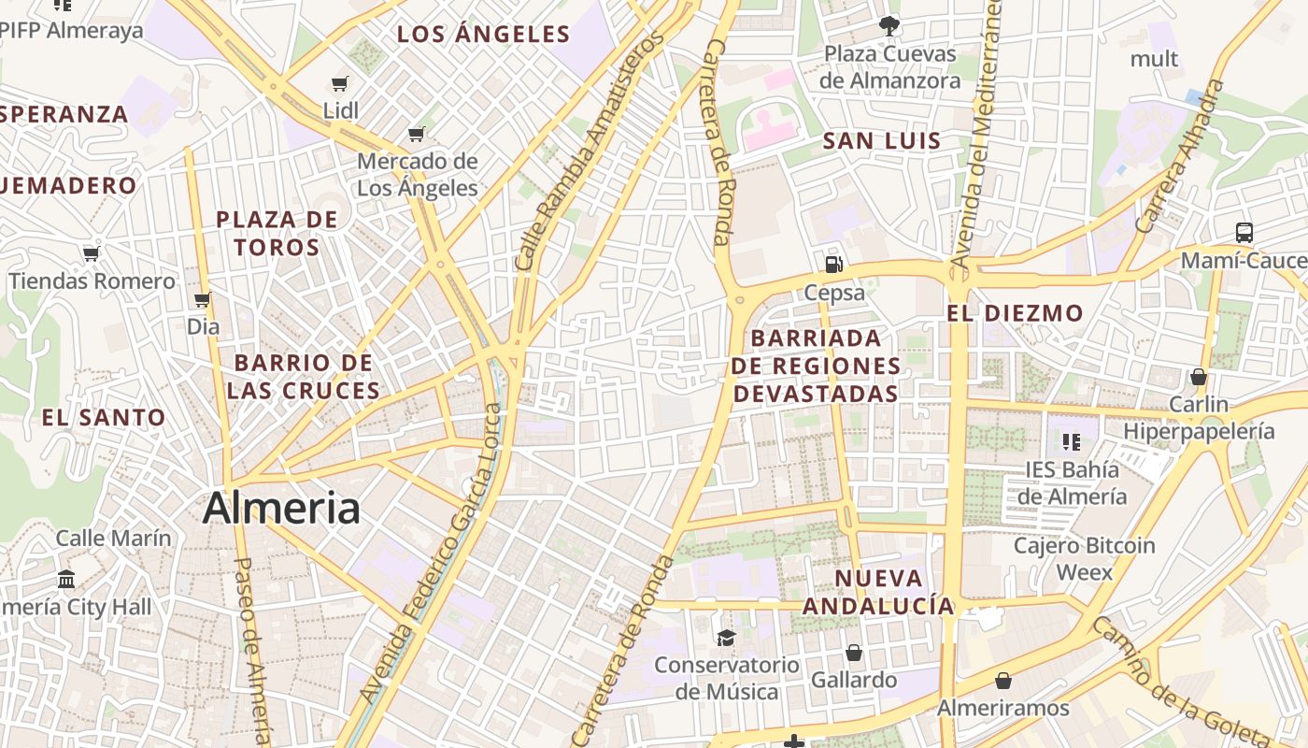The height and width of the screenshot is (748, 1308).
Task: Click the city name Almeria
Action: coord(281,509)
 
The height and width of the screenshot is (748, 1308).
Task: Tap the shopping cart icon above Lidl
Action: coord(340,84)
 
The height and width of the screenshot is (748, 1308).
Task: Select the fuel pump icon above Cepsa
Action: coord(834,265)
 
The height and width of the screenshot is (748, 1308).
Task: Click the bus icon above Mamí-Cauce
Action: coord(1244,232)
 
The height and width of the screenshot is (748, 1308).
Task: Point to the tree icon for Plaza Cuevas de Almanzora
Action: coord(889,26)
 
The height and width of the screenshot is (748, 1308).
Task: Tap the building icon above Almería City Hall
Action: coord(66,579)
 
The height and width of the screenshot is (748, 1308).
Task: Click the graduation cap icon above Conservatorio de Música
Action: coord(726,638)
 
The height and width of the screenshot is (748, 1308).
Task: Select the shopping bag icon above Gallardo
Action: coord(853,652)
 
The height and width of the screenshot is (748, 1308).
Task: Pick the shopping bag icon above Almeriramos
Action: coord(1003,680)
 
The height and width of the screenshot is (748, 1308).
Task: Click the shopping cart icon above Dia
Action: coord(203,300)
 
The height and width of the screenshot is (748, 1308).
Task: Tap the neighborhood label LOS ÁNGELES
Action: coord(483,35)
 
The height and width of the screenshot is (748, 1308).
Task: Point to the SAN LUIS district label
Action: coord(881,141)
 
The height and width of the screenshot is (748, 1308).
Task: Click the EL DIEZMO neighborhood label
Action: coord(1015,313)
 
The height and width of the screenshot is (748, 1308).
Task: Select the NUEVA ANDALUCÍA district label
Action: coord(878,592)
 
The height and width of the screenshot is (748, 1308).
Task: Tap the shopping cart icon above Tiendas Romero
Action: coord(91,254)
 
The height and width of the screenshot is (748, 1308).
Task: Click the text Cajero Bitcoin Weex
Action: coord(1085,558)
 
